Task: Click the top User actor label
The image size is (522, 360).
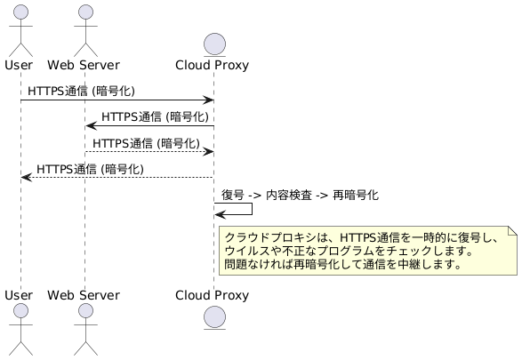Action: click(x=20, y=65)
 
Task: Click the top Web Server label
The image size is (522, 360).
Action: click(x=84, y=65)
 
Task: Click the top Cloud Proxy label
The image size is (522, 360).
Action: click(x=213, y=65)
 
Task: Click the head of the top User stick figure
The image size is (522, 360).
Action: click(x=20, y=12)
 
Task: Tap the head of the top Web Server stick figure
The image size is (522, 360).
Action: click(x=84, y=12)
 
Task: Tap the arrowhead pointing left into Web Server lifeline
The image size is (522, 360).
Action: click(x=90, y=126)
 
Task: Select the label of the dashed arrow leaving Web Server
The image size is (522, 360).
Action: click(x=145, y=142)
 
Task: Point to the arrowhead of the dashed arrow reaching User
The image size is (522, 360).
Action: click(x=26, y=178)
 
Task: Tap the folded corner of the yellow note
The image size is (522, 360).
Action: click(x=510, y=230)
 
